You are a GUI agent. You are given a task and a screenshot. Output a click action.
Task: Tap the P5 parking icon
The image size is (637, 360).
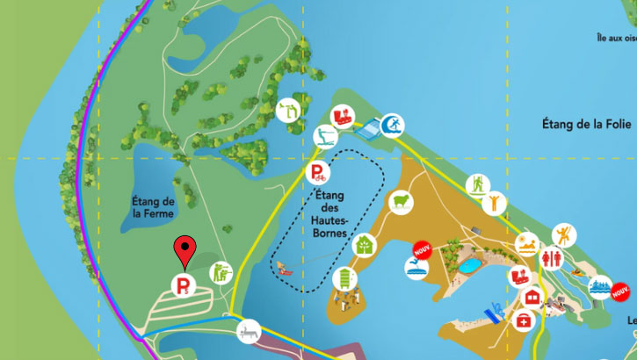pos(183,285)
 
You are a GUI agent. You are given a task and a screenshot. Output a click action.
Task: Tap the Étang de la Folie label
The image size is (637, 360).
pos(586,126)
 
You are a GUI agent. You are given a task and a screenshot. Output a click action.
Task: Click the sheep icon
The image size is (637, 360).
pos(401,202)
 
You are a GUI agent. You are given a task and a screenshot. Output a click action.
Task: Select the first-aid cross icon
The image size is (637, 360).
pos(525,322)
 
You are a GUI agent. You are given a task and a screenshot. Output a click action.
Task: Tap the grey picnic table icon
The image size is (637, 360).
pos(250,331)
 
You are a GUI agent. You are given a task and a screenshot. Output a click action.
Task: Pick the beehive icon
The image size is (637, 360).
pos(345,279)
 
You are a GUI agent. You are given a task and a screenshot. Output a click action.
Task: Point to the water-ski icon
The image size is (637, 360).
pos(326,136)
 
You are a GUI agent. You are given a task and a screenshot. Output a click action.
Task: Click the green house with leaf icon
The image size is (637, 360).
pos(364,245)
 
